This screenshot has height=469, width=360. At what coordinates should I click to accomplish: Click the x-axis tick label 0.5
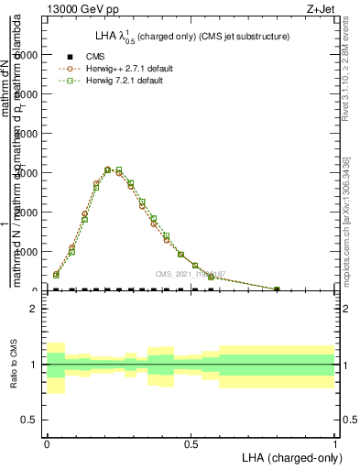(x=191, y=442)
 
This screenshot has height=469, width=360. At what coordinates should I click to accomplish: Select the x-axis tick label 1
(x=335, y=442)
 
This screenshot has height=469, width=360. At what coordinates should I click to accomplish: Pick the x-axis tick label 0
(x=47, y=442)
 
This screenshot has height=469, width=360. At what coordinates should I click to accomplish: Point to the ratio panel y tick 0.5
(x=29, y=420)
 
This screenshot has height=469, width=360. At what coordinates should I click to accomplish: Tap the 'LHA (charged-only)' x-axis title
(x=289, y=456)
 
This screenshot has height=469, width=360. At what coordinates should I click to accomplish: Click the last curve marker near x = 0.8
(x=278, y=289)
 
